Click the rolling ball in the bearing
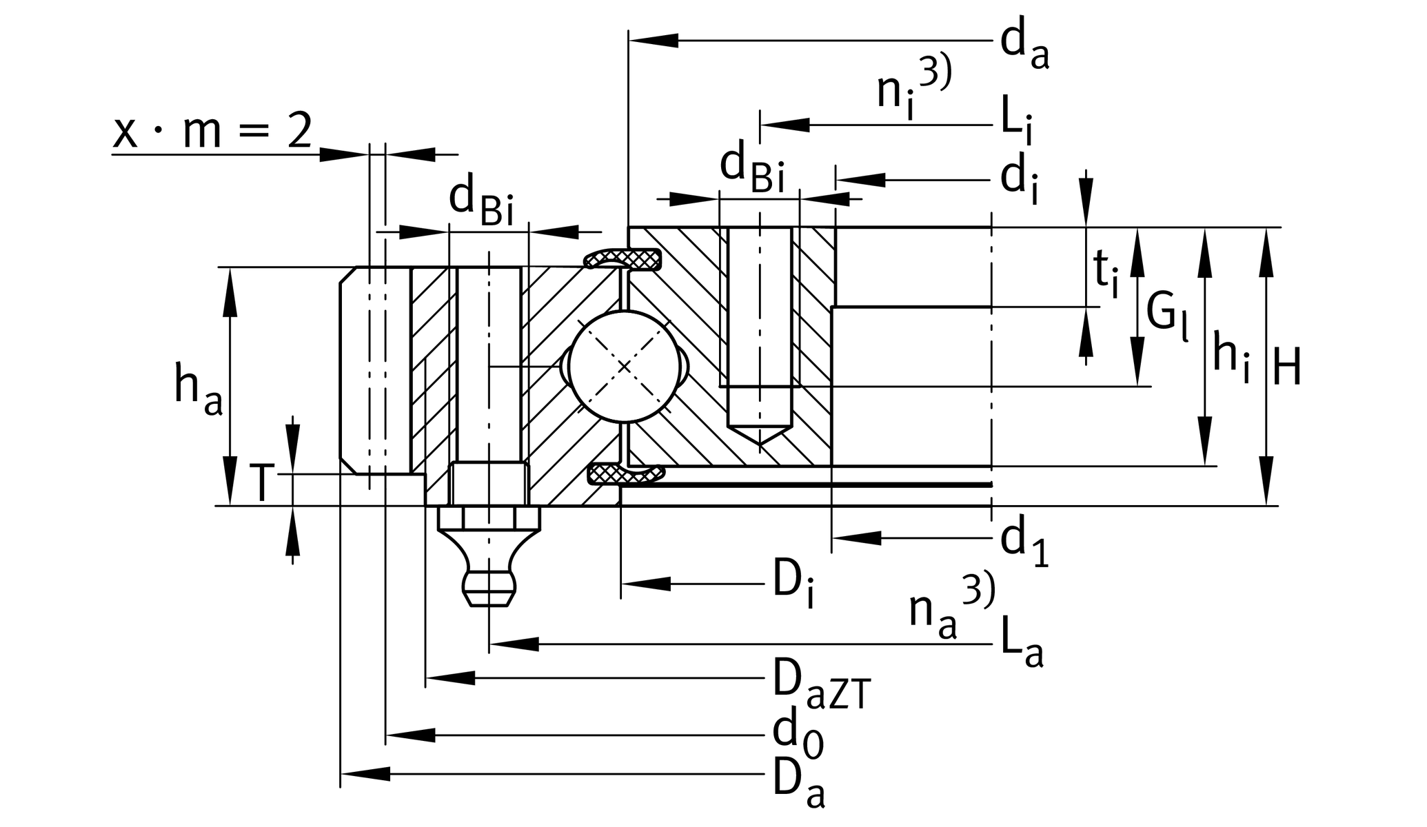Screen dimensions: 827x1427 pos(625,367)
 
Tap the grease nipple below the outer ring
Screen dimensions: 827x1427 pos(489,558)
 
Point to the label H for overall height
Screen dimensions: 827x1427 pos(1286,367)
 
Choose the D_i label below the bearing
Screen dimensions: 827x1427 pos(793,586)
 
